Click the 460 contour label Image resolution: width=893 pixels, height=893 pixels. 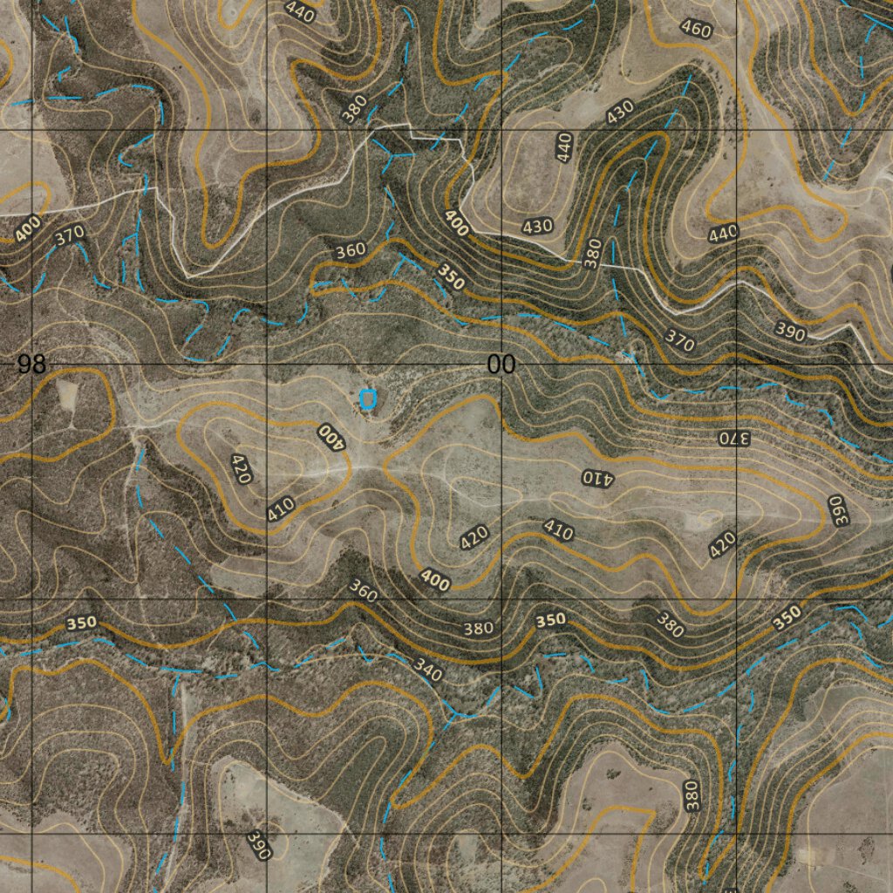(696, 30)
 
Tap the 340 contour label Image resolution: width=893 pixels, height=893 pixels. (427, 670)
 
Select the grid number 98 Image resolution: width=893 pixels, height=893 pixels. (31, 365)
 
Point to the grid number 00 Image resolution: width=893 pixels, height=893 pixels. (501, 365)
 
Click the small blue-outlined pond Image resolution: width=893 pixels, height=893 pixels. (367, 399)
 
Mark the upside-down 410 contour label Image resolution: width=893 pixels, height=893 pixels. (598, 477)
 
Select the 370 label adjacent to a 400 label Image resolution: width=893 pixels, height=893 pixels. (68, 235)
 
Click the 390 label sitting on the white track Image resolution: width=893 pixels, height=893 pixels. (791, 330)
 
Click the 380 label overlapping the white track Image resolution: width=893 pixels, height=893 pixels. (593, 253)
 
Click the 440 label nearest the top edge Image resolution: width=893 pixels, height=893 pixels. (299, 10)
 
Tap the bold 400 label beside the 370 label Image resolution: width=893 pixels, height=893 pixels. (27, 228)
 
